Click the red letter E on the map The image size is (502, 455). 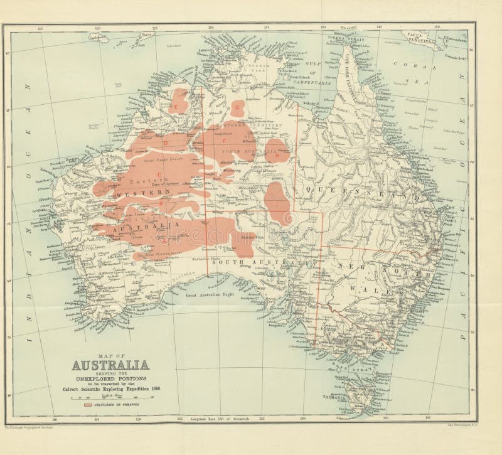coord(177,107)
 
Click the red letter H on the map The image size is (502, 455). coord(277,156)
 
